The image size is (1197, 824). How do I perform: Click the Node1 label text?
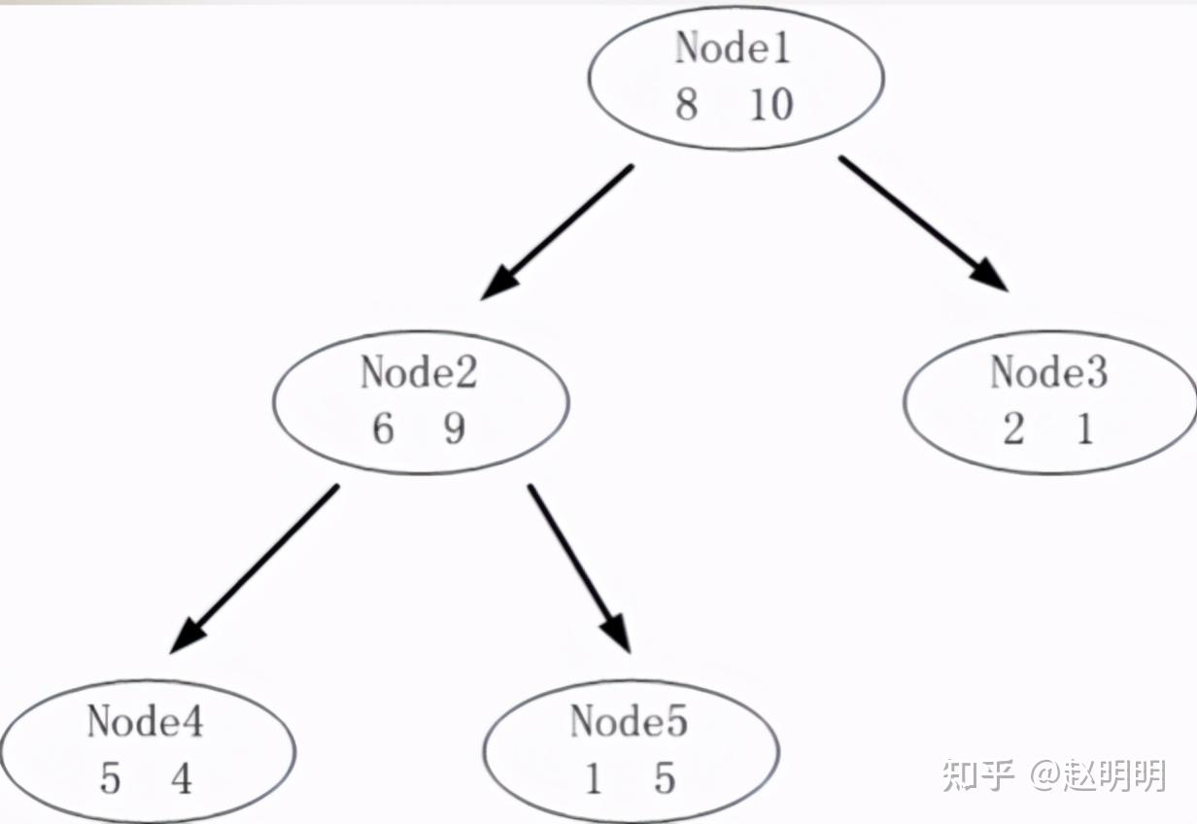(x=734, y=49)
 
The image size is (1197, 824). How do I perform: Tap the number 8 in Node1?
(x=687, y=104)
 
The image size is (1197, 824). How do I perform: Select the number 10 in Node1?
(x=771, y=104)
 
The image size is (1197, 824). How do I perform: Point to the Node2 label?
(x=419, y=372)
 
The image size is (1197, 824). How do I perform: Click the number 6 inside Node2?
(x=383, y=429)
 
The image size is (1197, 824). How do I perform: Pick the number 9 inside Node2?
(x=454, y=429)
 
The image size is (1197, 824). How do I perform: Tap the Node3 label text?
(x=1048, y=372)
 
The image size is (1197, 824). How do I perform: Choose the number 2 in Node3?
(x=1013, y=429)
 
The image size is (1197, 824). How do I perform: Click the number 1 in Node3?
(x=1084, y=429)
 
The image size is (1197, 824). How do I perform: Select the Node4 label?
(x=145, y=721)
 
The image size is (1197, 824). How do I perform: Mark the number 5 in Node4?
(x=110, y=778)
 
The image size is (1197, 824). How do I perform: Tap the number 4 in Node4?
(x=182, y=778)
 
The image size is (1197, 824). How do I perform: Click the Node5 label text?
(x=629, y=721)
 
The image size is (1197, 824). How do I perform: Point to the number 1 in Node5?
(x=594, y=778)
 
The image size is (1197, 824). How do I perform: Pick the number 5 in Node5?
(x=665, y=778)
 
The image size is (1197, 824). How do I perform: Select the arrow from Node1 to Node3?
(x=923, y=223)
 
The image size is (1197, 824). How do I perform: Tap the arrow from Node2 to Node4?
(x=255, y=568)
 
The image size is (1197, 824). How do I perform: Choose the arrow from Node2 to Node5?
(x=579, y=568)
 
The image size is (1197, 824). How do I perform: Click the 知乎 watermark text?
(x=977, y=775)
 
